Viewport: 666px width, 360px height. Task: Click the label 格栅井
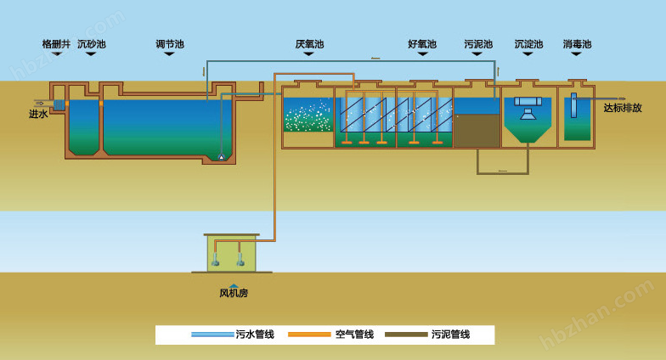[x=56, y=44]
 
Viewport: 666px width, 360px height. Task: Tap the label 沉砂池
[x=92, y=44]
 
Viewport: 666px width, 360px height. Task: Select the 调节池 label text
[x=169, y=44]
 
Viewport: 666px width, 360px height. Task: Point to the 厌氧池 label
[x=309, y=44]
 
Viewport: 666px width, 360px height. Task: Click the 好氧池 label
[x=421, y=44]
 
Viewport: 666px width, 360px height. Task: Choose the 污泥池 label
[x=477, y=44]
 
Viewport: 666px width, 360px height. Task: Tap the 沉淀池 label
[x=528, y=44]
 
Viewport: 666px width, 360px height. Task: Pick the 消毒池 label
[x=577, y=44]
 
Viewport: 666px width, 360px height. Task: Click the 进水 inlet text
[x=38, y=115]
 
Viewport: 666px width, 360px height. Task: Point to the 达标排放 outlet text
[x=623, y=109]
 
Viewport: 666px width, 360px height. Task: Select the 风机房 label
[x=234, y=294]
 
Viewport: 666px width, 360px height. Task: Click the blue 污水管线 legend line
[x=212, y=335]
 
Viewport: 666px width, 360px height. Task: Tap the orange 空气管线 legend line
[x=309, y=335]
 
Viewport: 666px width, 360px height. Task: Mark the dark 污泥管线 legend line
[x=406, y=335]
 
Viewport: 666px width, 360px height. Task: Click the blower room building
[x=231, y=253]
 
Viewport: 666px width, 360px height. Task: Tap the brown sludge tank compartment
[x=477, y=130]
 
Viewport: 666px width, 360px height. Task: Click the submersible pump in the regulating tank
[x=222, y=156]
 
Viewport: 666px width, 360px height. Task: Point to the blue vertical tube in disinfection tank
[x=573, y=106]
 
